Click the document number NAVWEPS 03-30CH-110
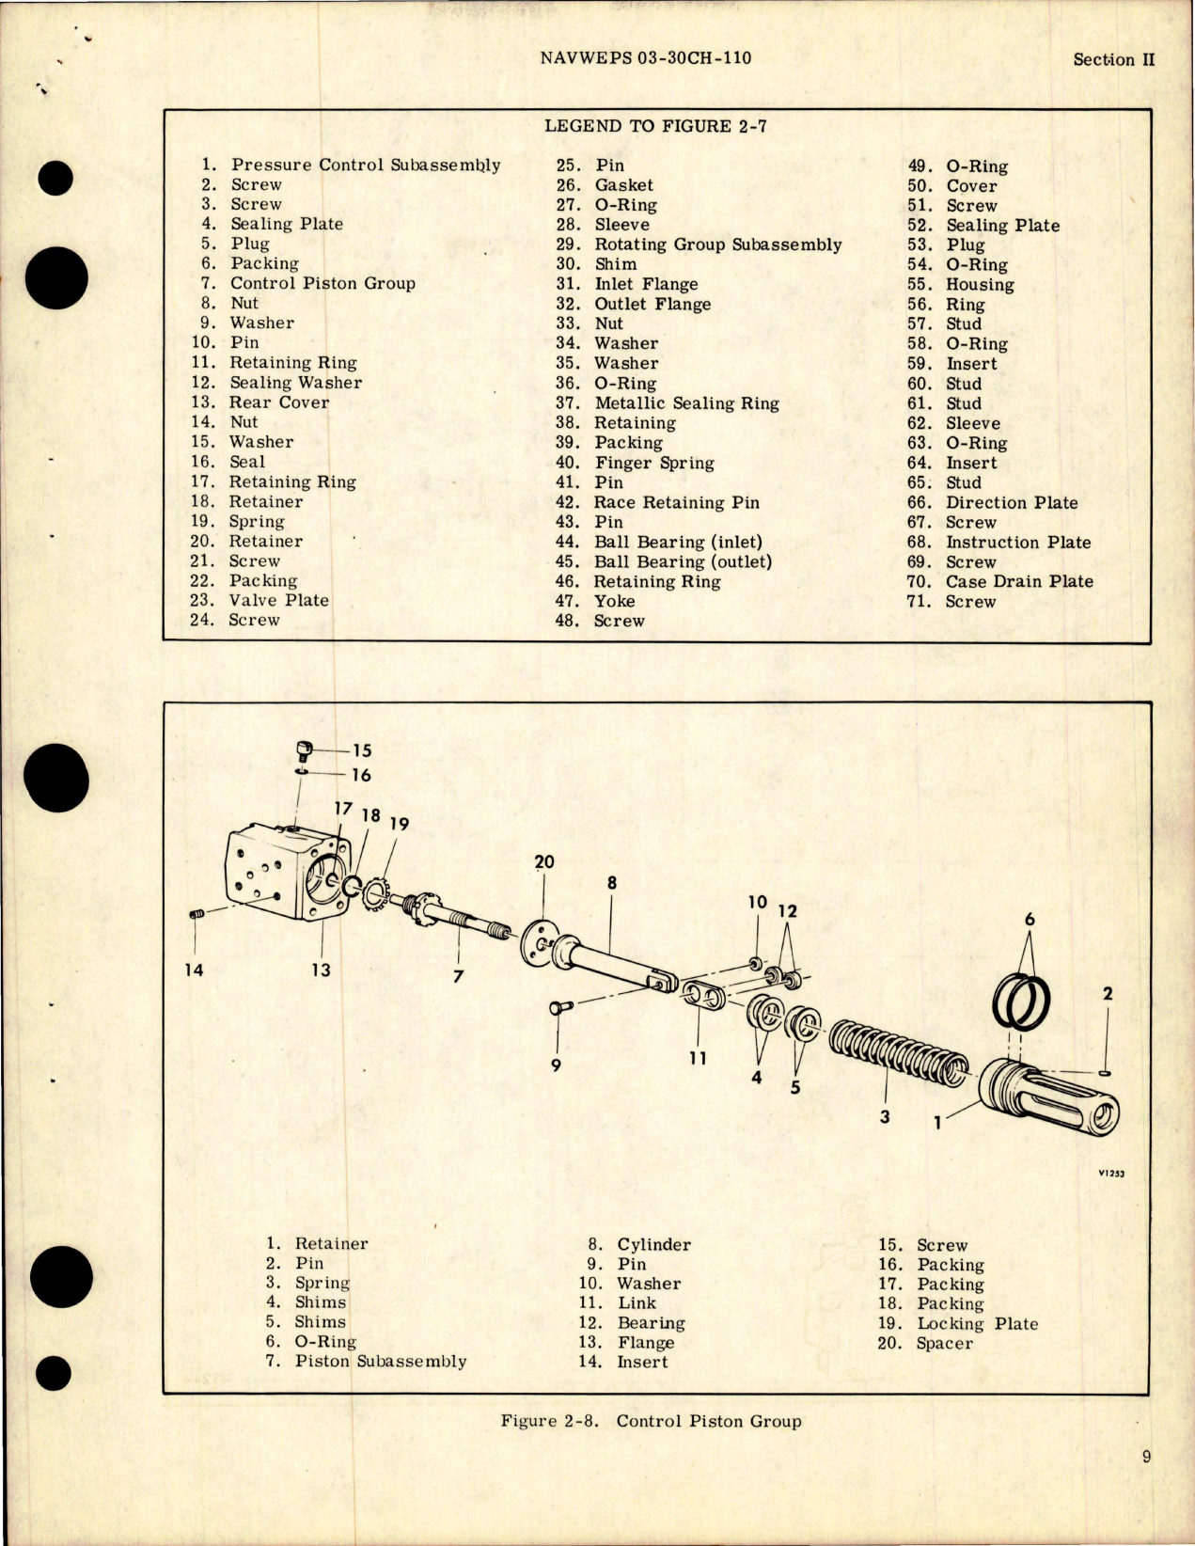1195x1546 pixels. (x=646, y=57)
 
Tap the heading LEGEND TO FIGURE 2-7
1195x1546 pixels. (x=655, y=126)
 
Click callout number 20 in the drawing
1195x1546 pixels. (x=544, y=861)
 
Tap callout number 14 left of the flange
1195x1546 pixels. (x=194, y=970)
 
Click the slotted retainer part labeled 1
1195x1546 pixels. (x=1048, y=1099)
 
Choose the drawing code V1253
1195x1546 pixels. (x=1110, y=1174)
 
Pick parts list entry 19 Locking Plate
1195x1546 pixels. (x=977, y=1323)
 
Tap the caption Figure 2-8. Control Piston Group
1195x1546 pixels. (x=651, y=1421)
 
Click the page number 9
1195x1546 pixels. (x=1146, y=1458)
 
